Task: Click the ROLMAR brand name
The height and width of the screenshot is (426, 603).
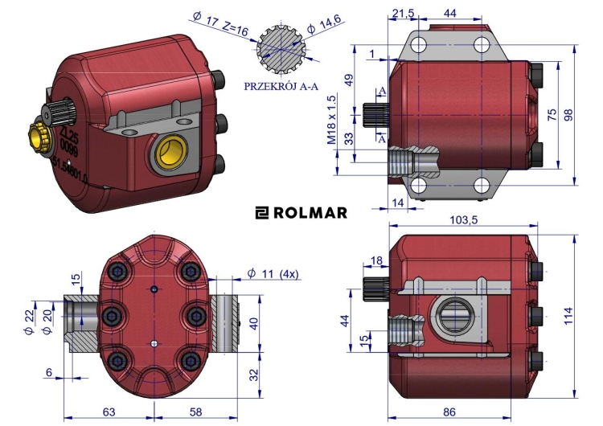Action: pos(310,213)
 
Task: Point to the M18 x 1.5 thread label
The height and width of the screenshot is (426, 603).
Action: pos(330,119)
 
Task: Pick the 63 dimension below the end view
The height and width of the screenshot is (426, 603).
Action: pos(109,412)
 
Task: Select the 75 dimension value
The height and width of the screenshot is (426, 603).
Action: pos(552,115)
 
